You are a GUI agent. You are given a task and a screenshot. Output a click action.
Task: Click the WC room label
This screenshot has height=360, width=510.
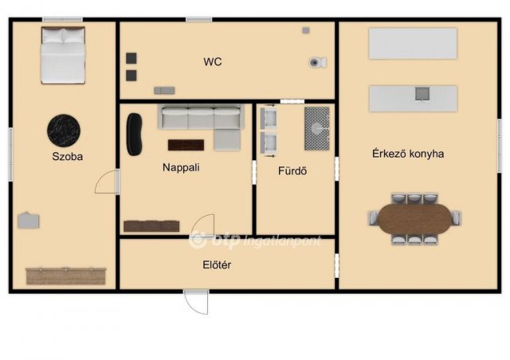coord(213,62)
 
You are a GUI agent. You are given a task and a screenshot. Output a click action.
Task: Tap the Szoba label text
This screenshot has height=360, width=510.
coord(67,156)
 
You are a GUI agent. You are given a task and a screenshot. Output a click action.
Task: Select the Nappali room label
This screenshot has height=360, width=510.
coord(181,167)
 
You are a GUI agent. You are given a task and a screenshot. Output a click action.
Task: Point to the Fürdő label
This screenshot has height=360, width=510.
coord(292,170)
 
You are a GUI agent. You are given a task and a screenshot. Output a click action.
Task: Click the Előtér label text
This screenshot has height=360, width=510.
coord(217,264)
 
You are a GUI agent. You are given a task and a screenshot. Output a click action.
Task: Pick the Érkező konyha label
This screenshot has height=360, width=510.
coord(408,154)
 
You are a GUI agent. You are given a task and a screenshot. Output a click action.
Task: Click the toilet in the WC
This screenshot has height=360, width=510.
coord(318,62)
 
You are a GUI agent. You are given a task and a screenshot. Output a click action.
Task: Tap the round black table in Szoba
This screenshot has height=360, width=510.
coord(64,131)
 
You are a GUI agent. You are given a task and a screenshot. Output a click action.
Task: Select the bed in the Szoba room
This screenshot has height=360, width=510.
coord(63,55)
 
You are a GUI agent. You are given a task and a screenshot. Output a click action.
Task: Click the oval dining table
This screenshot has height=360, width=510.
coord(415,218)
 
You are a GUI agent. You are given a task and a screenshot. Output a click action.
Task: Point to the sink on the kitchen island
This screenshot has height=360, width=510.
coord(422,94)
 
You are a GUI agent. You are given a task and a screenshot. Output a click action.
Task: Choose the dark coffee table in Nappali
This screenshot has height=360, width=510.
coord(186,145)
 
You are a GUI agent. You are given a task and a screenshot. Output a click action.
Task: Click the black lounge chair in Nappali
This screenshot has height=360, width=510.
coord(134,134)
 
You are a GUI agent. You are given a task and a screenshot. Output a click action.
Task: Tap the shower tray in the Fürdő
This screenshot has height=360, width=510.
coord(317,128)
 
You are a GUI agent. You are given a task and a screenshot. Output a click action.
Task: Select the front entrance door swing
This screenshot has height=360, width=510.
coord(196,302)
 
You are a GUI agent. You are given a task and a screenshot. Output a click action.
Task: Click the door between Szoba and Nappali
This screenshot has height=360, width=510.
coord(107,182)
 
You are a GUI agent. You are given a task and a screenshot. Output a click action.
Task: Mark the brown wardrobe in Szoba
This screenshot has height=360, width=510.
coord(66,276)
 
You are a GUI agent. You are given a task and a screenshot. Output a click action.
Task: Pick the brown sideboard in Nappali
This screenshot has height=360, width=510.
coord(151,226)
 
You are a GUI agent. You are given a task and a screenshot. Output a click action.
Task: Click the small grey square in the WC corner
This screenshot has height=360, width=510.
coord(306,30)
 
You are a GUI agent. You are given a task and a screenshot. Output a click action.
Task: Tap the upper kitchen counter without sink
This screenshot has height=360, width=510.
coord(413,44)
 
